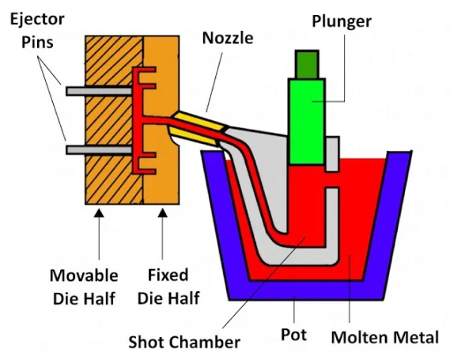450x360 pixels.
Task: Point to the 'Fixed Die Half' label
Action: (x=168, y=286)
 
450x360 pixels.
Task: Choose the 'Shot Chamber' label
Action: (x=183, y=342)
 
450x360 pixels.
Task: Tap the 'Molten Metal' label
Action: (x=385, y=338)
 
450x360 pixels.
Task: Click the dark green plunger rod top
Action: (x=307, y=63)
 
